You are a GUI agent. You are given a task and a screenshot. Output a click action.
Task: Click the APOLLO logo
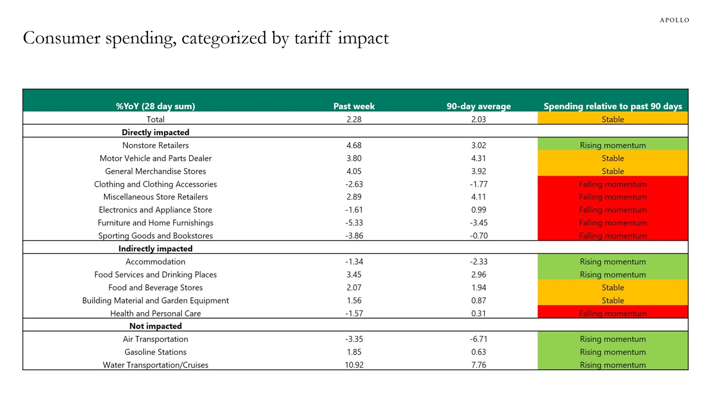pos(674,20)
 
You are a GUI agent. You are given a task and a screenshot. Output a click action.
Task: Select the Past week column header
pos(354,106)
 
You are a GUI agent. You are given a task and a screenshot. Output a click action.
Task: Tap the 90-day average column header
pos(478,106)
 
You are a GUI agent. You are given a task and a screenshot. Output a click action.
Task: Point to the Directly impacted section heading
pos(155,132)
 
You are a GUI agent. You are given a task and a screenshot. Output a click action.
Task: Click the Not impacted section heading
pos(155,326)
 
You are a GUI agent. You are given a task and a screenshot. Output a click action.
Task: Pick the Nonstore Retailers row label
pos(155,145)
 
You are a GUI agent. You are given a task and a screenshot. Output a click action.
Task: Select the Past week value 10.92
pos(354,365)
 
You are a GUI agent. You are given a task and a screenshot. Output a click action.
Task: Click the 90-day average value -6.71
pos(478,339)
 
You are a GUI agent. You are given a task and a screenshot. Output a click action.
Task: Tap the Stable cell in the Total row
pos(613,119)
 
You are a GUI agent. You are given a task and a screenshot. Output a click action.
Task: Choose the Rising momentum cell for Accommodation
pos(613,262)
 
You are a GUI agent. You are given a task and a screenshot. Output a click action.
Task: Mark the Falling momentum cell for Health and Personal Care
pos(613,314)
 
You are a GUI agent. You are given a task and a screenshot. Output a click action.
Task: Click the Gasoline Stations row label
pos(155,352)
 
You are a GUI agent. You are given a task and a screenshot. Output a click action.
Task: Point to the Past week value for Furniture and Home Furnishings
pos(354,223)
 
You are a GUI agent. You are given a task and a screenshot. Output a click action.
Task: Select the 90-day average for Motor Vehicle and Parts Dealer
pos(478,158)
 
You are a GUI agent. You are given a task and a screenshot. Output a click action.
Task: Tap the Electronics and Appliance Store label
pos(155,210)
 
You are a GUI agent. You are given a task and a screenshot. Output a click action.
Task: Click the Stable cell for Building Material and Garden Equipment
pos(613,301)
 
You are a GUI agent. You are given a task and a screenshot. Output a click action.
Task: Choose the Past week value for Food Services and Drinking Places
pos(354,274)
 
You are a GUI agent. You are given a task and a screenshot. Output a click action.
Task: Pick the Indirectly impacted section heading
pos(155,248)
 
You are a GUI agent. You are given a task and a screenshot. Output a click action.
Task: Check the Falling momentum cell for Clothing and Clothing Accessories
pos(613,184)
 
